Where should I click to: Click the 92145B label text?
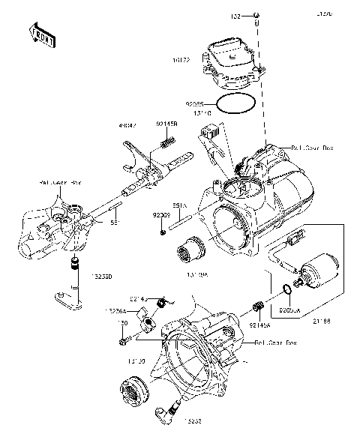coord(166,124)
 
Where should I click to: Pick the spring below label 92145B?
coord(167,140)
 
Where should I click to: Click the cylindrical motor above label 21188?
coord(318,271)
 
